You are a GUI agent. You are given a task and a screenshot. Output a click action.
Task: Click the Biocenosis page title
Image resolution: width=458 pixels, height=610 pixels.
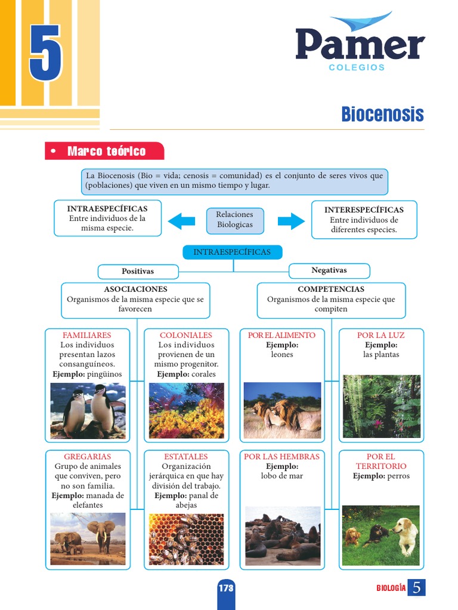[x=382, y=114]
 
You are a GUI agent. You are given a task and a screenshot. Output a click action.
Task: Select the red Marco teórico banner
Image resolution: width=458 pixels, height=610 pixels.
[x=104, y=151]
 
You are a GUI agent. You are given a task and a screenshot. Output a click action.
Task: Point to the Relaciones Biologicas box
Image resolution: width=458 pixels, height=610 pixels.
[x=234, y=220]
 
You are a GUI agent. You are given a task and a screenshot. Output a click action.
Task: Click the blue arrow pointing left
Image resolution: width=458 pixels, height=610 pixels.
[x=181, y=221]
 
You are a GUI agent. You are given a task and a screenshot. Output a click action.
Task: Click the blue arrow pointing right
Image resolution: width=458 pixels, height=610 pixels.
[x=291, y=221]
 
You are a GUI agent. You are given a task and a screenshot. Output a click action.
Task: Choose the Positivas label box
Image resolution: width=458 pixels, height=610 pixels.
[x=138, y=271]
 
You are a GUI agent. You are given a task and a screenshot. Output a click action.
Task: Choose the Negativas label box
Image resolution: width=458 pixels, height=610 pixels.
[x=329, y=270]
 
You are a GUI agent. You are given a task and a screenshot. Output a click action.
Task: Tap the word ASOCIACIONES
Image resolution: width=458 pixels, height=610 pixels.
[x=135, y=289]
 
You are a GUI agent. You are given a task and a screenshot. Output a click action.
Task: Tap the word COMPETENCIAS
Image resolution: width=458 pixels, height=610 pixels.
[x=331, y=289]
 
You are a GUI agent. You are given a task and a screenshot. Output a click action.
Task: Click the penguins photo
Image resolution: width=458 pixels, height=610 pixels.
[x=88, y=410]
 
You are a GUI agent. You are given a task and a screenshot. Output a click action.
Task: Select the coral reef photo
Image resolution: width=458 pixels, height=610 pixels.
[x=186, y=410]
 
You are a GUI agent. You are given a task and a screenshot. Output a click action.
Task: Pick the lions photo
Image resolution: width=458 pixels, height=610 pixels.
[x=282, y=410]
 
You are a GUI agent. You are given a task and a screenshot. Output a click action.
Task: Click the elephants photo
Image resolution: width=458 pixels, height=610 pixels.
[x=88, y=539]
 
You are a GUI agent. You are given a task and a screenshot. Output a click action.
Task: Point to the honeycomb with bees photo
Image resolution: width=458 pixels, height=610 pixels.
[x=186, y=539]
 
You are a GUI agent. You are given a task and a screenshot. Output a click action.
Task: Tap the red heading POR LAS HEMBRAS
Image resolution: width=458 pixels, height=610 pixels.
[x=281, y=456]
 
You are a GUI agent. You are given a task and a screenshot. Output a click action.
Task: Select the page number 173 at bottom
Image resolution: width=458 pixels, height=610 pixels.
[x=226, y=588]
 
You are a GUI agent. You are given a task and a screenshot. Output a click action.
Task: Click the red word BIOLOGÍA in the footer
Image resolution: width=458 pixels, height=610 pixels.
[x=391, y=588]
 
